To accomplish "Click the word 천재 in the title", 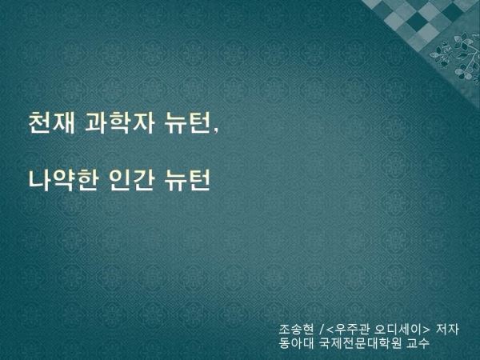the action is coord(51,122).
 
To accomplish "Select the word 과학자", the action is coord(118,122).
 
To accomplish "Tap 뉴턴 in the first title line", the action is coord(187,122).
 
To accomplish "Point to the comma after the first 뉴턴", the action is coord(216,130).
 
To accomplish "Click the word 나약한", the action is coord(62,180).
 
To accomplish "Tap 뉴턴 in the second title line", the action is coord(187,180).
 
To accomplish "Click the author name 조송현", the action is coord(296,330).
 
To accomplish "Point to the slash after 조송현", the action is coord(321,330).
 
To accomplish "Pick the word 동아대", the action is coord(296,343).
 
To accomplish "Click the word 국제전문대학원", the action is coord(360,343).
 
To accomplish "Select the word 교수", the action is coord(418,343).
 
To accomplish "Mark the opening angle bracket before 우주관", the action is coord(330,330).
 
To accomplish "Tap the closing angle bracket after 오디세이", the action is coord(426,330).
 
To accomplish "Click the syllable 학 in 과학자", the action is coord(118,122).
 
